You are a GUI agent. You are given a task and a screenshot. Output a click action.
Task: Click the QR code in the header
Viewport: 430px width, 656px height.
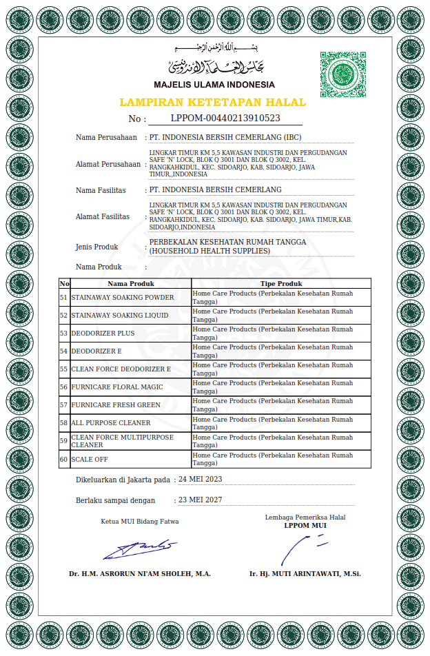tap(342, 74)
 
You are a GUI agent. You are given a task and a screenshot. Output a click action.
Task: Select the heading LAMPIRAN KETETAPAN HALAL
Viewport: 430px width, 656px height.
tap(213, 102)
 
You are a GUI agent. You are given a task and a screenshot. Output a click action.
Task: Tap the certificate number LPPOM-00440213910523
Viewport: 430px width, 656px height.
tap(225, 118)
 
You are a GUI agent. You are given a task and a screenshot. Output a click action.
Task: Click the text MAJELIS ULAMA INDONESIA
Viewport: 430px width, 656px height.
tap(214, 85)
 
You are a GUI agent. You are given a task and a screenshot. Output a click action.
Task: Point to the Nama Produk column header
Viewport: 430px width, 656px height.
tap(131, 283)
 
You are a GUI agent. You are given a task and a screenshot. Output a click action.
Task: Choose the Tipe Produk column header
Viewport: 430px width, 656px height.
tap(281, 283)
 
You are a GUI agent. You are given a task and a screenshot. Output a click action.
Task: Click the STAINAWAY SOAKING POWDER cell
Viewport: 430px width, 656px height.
tap(123, 297)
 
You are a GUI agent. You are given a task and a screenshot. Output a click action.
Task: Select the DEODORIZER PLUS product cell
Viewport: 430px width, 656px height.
tap(103, 333)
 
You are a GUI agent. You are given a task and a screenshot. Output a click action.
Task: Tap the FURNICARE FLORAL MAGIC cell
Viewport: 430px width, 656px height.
tap(117, 387)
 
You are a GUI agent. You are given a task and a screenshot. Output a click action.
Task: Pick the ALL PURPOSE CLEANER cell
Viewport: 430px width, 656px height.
tap(111, 422)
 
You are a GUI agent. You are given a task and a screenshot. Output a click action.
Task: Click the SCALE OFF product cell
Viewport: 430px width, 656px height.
tap(90, 459)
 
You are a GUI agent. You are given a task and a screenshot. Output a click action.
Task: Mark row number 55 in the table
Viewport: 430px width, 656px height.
tap(64, 369)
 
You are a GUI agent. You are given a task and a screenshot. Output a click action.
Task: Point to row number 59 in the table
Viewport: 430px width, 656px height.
tap(64, 441)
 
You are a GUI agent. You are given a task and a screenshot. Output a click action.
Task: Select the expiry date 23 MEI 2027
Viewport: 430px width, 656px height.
tap(200, 500)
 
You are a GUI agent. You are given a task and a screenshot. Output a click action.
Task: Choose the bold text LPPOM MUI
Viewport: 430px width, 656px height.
tap(305, 525)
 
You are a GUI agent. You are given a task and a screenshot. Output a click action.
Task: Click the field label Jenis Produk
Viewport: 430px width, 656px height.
tap(96, 247)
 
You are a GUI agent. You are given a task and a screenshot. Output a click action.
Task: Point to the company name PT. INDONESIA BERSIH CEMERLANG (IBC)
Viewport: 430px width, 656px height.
tap(225, 137)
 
